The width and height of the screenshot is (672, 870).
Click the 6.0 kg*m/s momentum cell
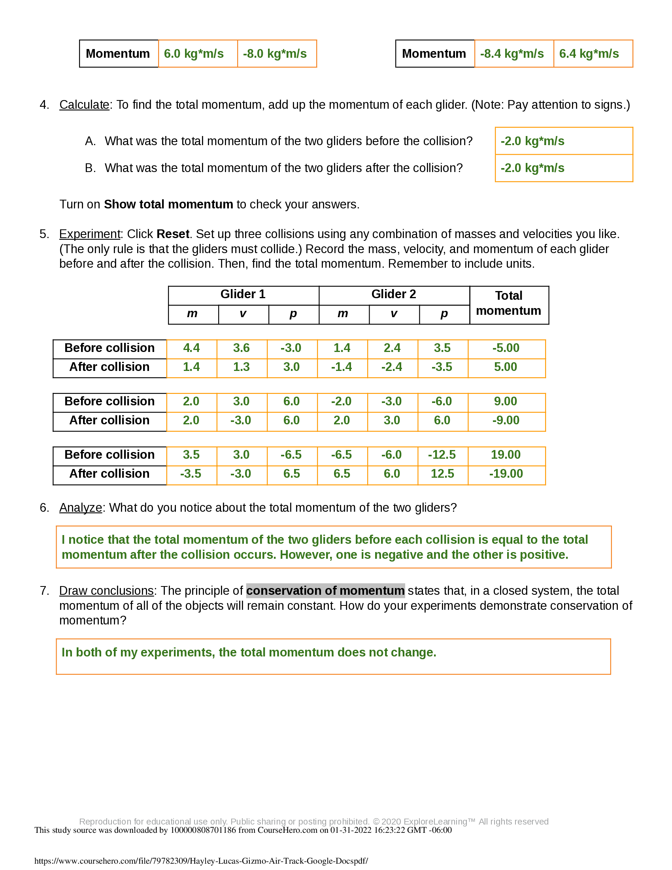click(198, 54)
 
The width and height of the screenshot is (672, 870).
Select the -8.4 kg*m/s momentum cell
click(513, 54)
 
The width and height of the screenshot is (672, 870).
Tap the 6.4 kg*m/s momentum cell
click(593, 54)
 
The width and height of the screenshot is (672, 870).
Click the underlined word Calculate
click(84, 105)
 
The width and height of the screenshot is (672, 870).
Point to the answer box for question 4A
click(563, 141)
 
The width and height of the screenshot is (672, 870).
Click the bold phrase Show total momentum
click(168, 204)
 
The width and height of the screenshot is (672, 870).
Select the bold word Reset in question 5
click(173, 234)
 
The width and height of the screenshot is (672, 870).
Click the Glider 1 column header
click(243, 294)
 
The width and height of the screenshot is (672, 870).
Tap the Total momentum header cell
click(508, 304)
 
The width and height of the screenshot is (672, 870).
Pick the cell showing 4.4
click(191, 348)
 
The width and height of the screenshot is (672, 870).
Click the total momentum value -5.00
click(506, 348)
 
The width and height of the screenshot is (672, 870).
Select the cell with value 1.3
click(241, 367)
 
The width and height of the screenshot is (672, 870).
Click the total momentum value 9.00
click(506, 401)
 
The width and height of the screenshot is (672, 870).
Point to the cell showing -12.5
click(442, 455)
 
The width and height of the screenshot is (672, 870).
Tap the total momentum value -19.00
click(506, 474)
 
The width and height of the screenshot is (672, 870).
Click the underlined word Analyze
click(80, 508)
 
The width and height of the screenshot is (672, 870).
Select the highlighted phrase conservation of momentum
click(325, 591)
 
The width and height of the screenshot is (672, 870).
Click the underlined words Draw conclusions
click(106, 591)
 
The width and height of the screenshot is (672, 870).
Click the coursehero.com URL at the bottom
click(201, 861)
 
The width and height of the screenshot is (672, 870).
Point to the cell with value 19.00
click(506, 455)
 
